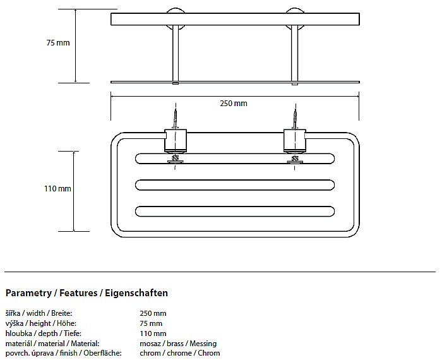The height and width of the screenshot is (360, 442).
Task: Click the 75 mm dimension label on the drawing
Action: pos(57,43)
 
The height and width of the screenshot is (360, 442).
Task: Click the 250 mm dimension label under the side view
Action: pos(234,104)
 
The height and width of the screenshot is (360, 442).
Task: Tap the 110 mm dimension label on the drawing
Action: pos(57,189)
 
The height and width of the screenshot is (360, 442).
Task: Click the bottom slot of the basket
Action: pos(234,211)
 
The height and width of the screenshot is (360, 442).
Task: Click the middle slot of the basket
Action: pos(234,185)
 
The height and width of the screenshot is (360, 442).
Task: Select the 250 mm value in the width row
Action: pos(153,313)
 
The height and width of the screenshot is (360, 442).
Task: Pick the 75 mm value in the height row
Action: pos(151,323)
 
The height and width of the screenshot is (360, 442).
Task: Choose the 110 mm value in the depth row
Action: pos(153,333)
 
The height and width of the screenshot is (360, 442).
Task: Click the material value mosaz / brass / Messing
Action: pos(177,343)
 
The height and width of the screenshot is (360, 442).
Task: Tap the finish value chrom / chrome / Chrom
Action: pos(179,353)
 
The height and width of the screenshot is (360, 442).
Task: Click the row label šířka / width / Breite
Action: pos(39,313)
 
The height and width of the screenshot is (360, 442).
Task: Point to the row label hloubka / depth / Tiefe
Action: pos(43,333)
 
